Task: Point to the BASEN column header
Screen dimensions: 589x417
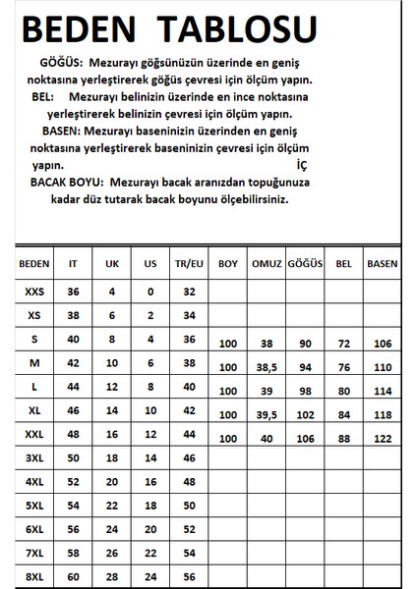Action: click(x=382, y=264)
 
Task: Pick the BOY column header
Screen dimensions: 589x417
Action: click(x=228, y=264)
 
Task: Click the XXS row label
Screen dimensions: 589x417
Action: click(x=34, y=292)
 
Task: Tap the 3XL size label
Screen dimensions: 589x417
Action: click(x=34, y=456)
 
